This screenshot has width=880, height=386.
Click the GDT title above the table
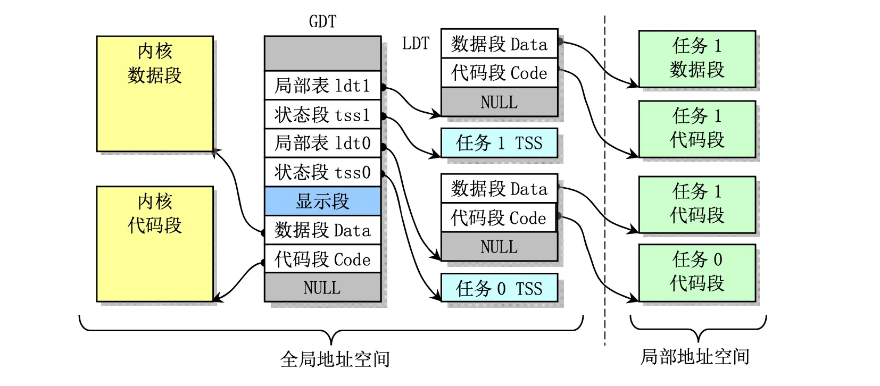pos(322,22)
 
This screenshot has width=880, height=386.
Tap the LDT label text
pos(416,44)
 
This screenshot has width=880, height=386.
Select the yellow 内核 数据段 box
pos(155,94)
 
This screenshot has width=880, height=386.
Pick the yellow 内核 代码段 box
pos(155,244)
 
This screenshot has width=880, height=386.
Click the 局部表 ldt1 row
pos(322,86)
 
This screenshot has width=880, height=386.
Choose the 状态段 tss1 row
pos(322,114)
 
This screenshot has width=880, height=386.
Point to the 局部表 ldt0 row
pos(322,143)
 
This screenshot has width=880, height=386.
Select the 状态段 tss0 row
pos(322,172)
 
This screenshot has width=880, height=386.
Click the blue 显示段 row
pos(322,201)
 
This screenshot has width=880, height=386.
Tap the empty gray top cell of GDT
pos(322,54)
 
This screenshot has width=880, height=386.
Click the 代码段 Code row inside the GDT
pos(322,259)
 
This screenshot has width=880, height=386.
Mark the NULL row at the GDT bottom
pos(322,288)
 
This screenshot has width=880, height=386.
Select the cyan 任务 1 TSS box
pos(499,143)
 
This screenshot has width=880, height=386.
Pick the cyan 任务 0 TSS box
pos(499,288)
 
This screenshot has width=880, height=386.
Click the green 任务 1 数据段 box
pos(697,58)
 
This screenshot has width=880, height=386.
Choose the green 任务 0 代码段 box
pos(697,273)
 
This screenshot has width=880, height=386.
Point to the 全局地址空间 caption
pos(335,359)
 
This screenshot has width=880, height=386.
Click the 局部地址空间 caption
pos(695,357)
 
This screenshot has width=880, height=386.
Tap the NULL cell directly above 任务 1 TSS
pos(499,102)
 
